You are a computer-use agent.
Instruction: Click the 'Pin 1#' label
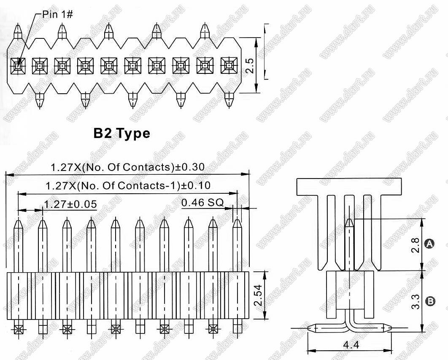click(x=57, y=14)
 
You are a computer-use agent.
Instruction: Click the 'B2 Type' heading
click(x=122, y=133)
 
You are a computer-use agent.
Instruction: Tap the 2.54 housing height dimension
click(x=258, y=295)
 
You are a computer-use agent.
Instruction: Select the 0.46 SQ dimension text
click(x=202, y=203)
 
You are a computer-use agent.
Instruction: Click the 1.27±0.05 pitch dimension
click(x=70, y=204)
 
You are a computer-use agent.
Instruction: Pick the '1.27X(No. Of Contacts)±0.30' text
click(x=127, y=167)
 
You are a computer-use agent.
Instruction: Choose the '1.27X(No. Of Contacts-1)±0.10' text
click(x=128, y=186)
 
